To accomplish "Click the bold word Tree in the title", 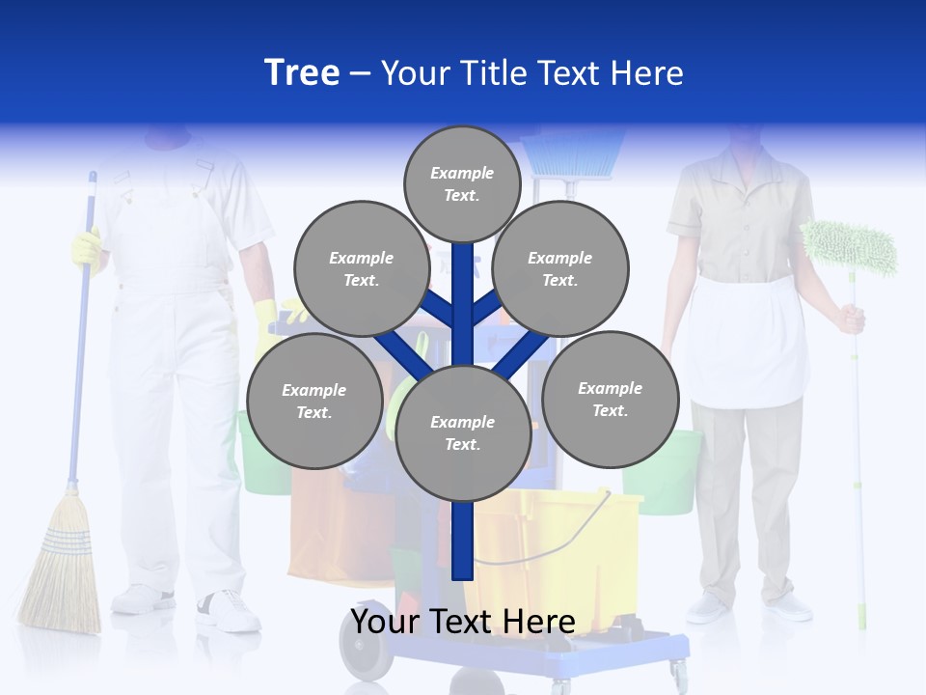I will coord(302,73).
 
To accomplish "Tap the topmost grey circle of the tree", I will coord(462,183).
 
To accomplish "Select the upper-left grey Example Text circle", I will coord(361,268).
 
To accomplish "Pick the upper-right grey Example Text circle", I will coord(560,268).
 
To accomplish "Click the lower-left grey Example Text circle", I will coord(313,401).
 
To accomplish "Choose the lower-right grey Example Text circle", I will coord(610,399).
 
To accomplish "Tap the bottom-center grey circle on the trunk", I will coord(463,433).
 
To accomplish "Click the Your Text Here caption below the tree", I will coord(463,622).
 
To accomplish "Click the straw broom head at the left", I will coord(61,570).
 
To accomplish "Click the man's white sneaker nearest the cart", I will coord(228,611).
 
